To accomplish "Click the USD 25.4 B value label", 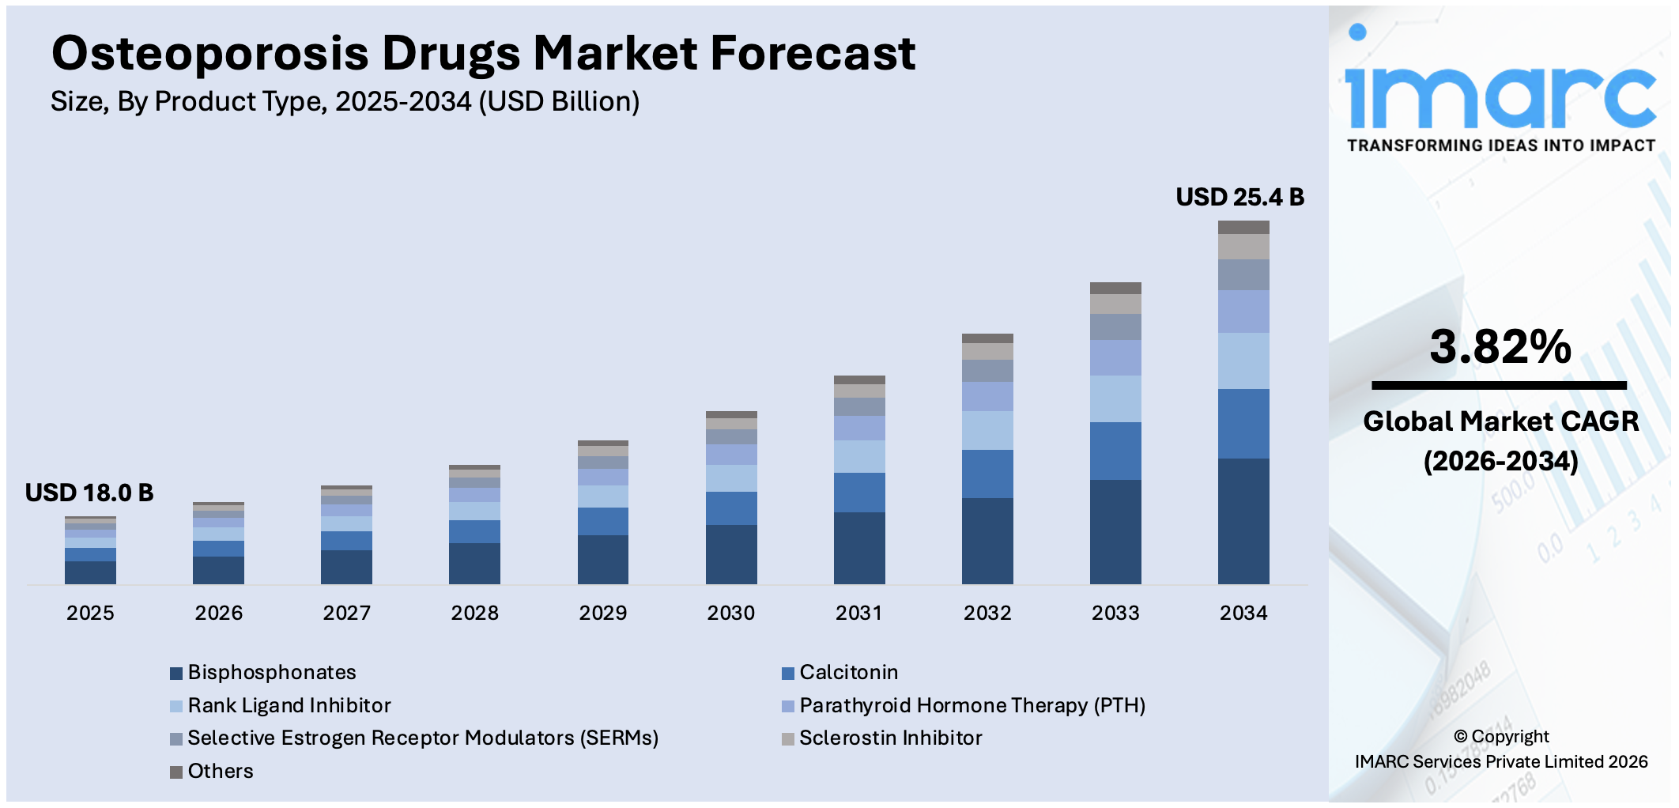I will [x=1239, y=197].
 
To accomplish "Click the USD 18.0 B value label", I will [x=89, y=493].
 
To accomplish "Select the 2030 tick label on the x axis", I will [x=730, y=613].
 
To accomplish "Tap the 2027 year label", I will [x=346, y=613].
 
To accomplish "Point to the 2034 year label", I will [x=1243, y=613].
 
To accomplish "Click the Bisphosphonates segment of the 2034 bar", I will [x=1243, y=521].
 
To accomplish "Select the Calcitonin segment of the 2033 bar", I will [x=1115, y=451].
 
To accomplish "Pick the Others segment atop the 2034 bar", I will [x=1243, y=228].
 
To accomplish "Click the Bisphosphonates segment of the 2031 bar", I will [x=858, y=548].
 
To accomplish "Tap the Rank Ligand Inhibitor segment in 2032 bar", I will [x=987, y=430].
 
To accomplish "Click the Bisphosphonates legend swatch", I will [x=176, y=674].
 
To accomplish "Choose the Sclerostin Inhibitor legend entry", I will [x=890, y=738].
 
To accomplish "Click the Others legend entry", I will [x=220, y=771].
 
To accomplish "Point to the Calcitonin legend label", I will [x=848, y=672].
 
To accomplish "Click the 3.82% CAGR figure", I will [x=1500, y=347].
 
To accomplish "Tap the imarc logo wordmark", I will [x=1500, y=93].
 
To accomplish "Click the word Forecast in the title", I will [x=813, y=54].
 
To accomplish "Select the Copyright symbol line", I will [x=1500, y=737].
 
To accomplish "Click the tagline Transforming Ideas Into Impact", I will [x=1500, y=145].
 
